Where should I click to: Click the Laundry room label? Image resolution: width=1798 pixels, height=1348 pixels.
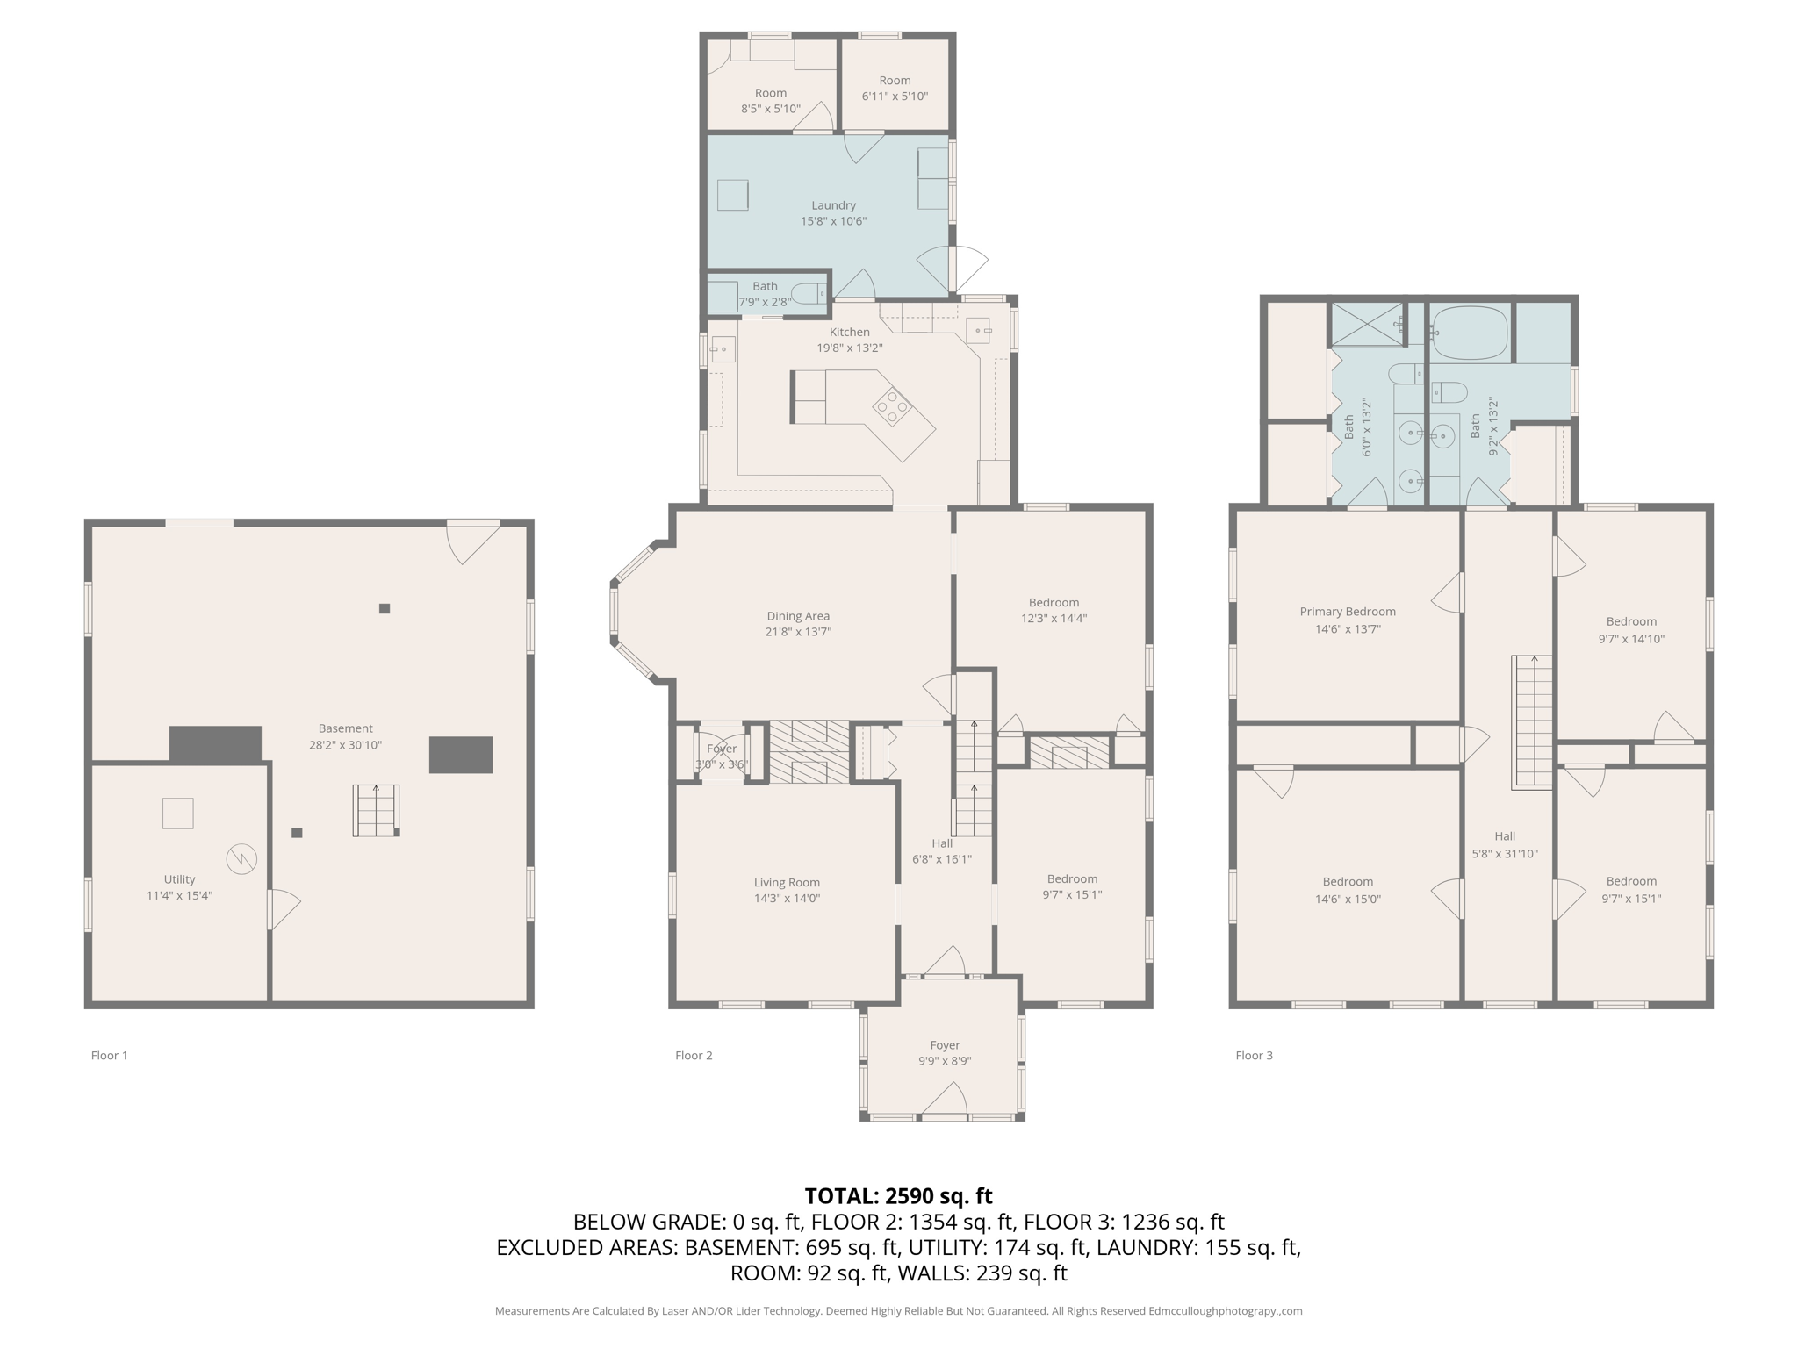[833, 205]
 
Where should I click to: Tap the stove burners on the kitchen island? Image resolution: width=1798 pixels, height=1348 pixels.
[892, 407]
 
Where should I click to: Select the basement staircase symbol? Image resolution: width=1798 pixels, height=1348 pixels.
[376, 810]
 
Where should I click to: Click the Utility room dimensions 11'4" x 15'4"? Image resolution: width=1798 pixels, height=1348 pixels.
[179, 896]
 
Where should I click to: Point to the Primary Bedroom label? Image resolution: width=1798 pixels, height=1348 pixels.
[1347, 612]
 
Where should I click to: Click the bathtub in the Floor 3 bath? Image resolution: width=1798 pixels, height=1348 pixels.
[1469, 333]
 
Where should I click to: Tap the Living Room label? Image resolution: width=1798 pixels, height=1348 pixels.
[787, 883]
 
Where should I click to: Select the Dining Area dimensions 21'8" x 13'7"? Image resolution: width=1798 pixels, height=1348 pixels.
[797, 632]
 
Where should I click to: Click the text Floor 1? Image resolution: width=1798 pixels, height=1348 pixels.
[109, 1056]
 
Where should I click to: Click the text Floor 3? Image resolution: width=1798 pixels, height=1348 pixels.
[1254, 1056]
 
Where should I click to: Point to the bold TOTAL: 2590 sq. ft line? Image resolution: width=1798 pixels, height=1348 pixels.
[898, 1196]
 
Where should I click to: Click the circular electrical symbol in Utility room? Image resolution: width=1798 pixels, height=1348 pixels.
[241, 858]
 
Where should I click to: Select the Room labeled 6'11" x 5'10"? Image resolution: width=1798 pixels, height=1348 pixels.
[895, 89]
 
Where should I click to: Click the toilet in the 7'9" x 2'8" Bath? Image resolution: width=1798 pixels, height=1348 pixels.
[807, 293]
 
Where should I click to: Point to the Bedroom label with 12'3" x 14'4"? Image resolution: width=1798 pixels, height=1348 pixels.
[1054, 610]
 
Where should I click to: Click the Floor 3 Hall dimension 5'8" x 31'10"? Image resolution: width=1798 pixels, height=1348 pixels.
[1504, 854]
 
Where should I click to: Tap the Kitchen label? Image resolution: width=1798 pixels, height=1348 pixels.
[849, 332]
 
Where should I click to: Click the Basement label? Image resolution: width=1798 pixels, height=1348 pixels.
[345, 728]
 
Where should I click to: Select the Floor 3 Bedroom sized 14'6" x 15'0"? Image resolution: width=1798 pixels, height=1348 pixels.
[1347, 890]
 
